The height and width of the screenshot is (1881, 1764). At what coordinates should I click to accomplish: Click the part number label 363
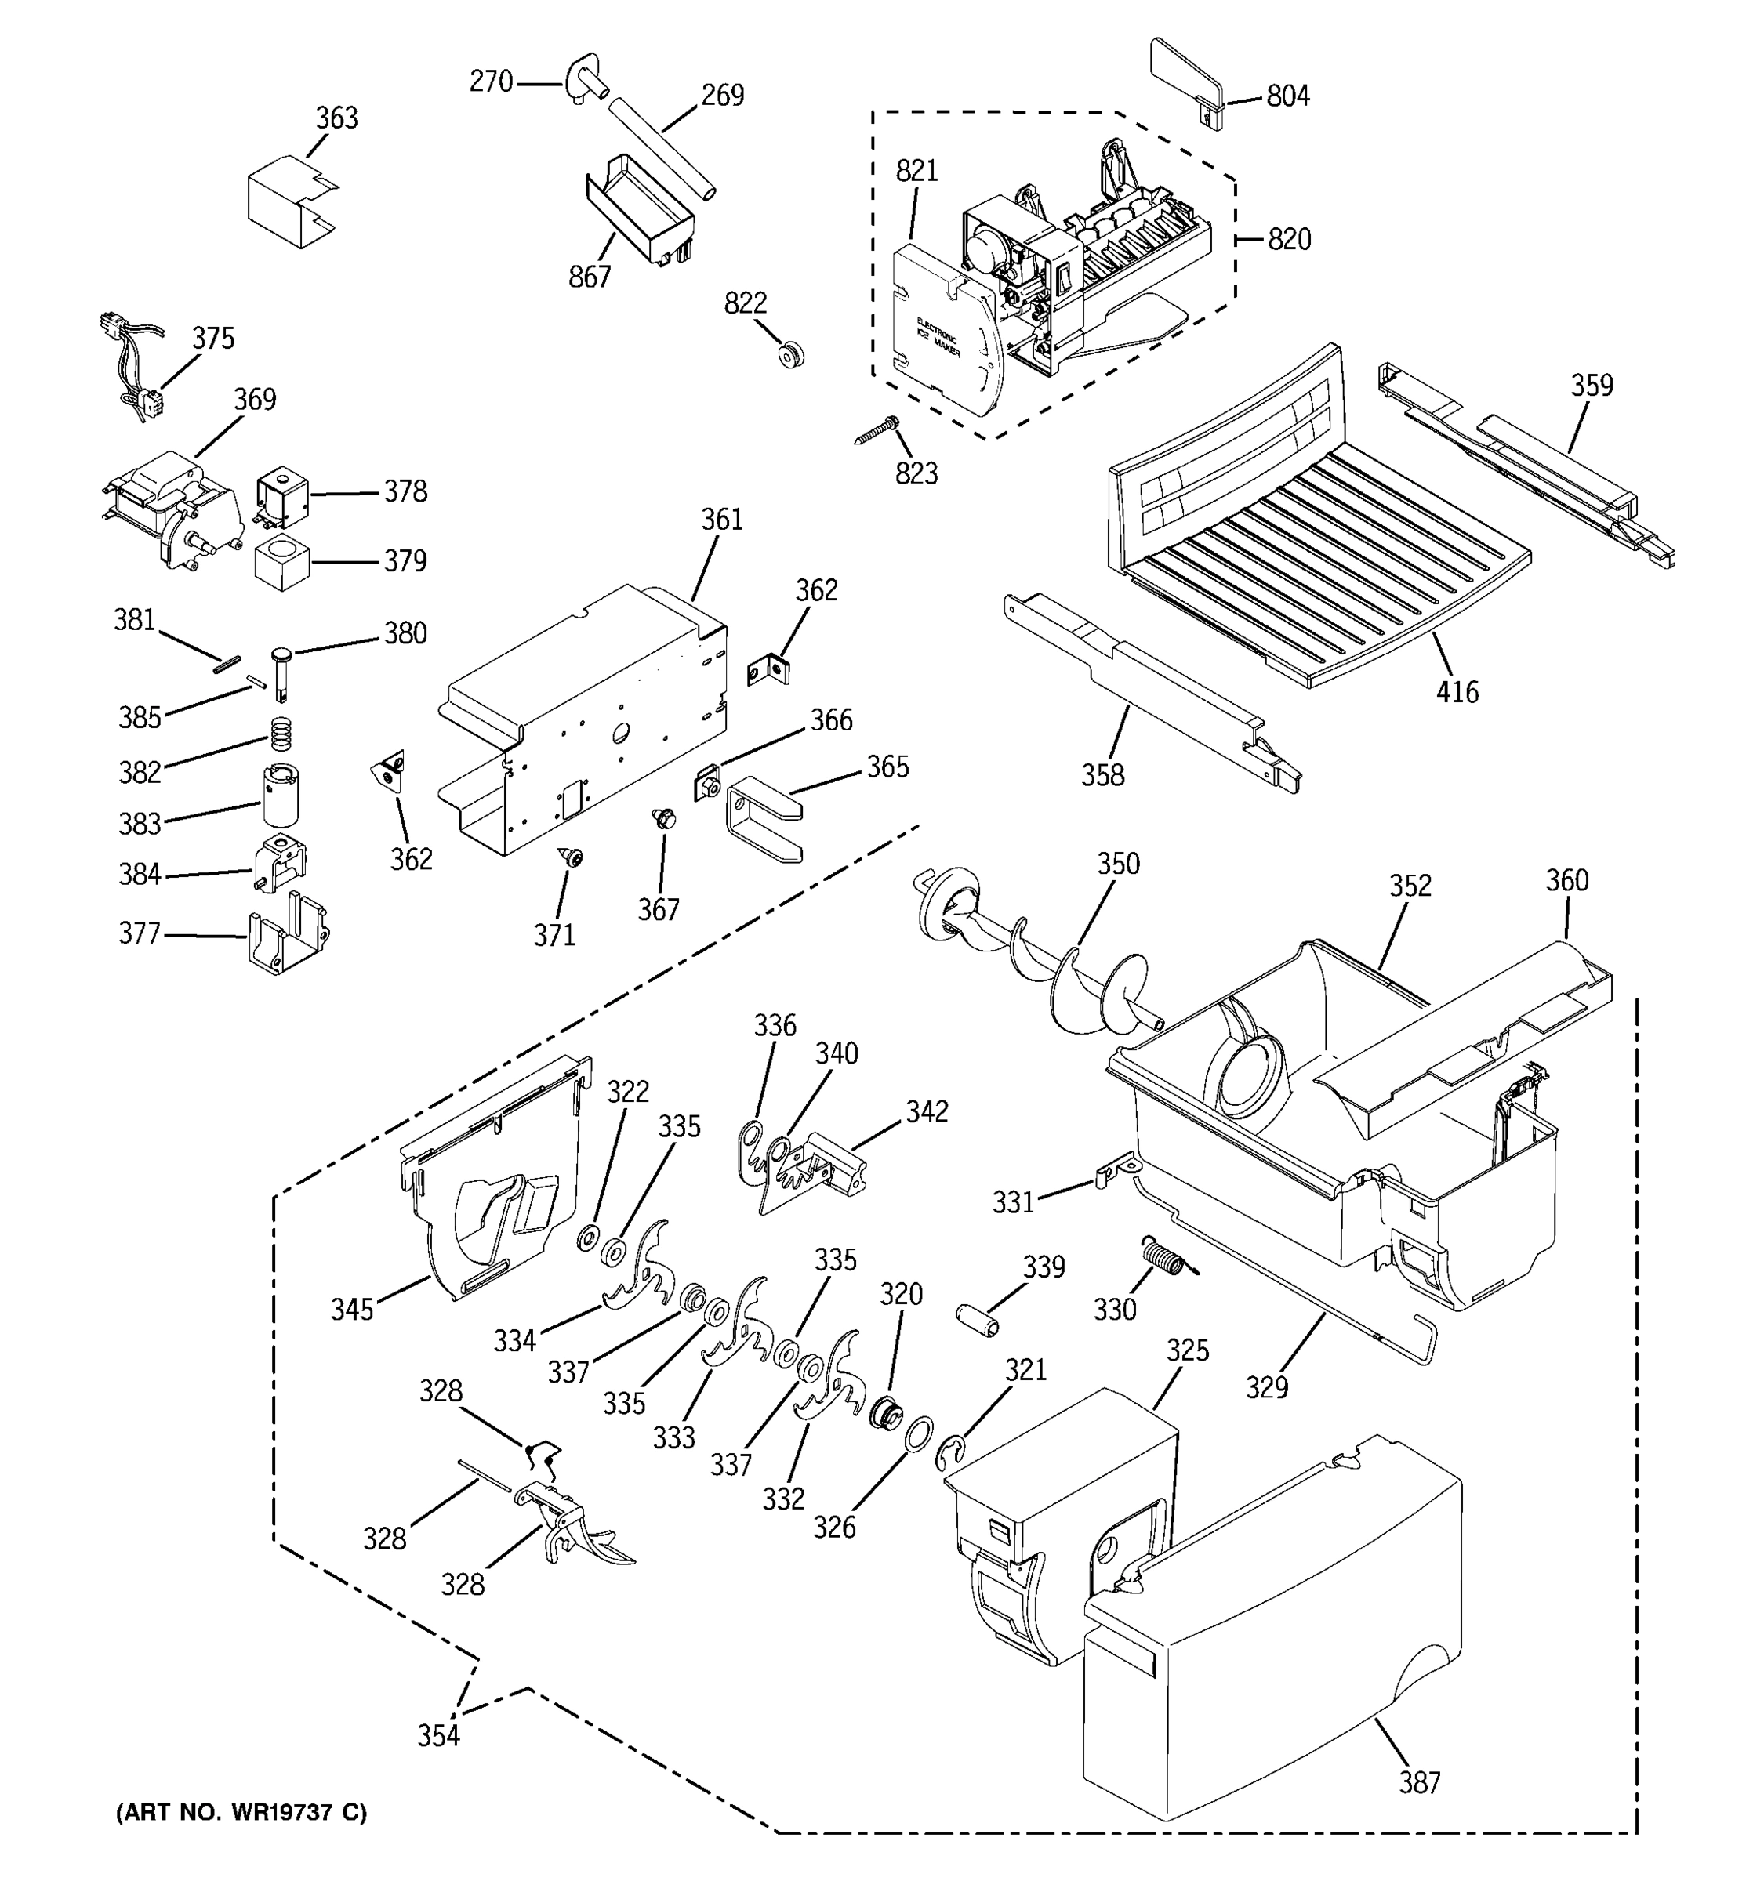[x=336, y=118]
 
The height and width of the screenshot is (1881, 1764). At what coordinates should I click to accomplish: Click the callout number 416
[x=1457, y=693]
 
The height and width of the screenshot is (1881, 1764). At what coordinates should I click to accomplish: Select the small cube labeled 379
[x=282, y=562]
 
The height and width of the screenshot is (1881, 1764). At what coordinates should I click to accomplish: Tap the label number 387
[x=1420, y=1782]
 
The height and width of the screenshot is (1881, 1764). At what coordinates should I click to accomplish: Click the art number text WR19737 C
[x=241, y=1813]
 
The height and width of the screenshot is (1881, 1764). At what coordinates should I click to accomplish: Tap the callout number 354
[x=439, y=1735]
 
